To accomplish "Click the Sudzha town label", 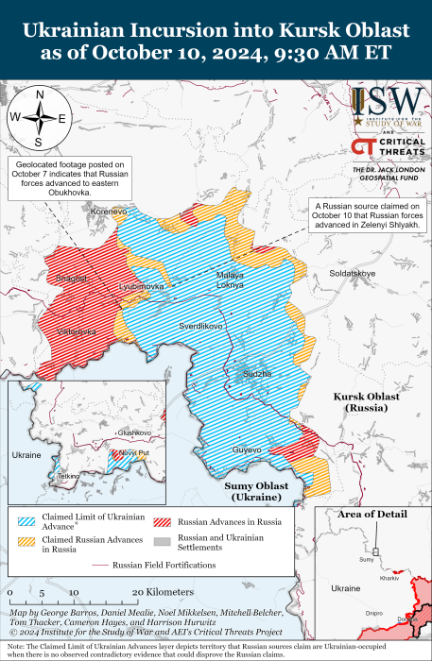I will [257, 374].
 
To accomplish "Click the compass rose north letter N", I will [39, 94].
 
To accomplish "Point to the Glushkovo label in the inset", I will [133, 432].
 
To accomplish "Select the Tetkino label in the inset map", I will [68, 476].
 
